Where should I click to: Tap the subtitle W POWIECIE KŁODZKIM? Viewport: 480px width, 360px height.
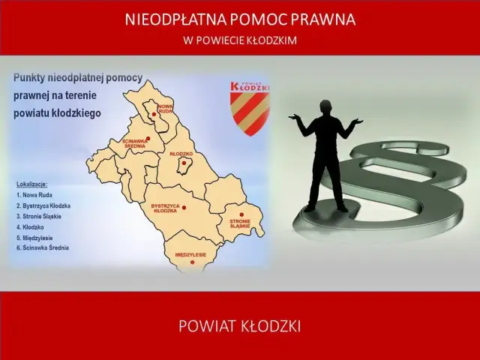[240, 40]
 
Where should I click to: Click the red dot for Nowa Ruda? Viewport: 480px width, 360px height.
[154, 115]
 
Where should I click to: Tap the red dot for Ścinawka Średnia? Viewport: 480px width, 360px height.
[148, 138]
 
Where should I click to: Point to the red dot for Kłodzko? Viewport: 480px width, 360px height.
[184, 162]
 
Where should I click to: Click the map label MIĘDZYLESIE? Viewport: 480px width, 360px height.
[190, 255]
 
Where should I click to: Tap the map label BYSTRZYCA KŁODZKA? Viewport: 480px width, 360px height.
[165, 208]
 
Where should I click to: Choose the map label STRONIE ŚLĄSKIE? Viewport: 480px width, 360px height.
[240, 223]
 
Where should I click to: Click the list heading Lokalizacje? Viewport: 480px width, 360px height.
[31, 183]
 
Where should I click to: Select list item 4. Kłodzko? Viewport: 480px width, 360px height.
[32, 226]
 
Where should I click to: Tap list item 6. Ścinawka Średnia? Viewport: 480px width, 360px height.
[43, 247]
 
